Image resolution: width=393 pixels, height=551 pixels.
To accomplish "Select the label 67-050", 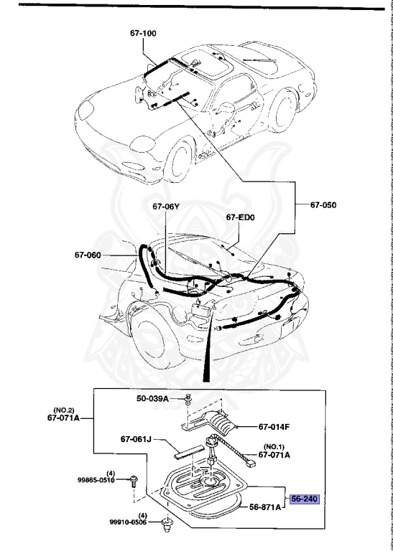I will click(323, 204).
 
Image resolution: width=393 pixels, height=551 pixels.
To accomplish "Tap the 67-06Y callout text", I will click(165, 207).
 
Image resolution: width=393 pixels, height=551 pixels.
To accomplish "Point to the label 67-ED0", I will click(241, 217).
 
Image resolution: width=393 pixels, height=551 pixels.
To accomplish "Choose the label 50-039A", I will click(153, 398).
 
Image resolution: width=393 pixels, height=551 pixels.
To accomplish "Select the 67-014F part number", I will click(274, 427).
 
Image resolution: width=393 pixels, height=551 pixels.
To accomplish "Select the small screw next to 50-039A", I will click(186, 398).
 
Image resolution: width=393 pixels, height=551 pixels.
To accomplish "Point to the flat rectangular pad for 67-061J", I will click(188, 453).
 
